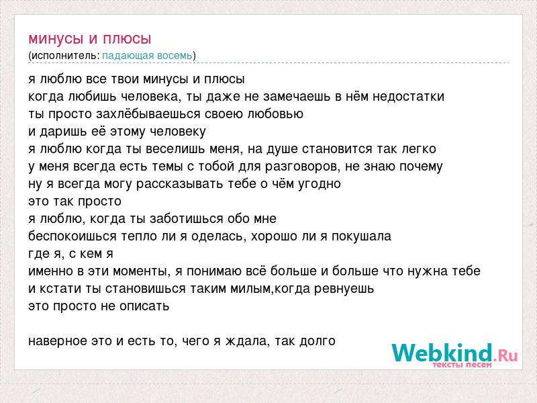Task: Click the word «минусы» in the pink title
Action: tap(56, 40)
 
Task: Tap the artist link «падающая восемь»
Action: tap(147, 56)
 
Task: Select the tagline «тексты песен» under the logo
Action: tap(462, 365)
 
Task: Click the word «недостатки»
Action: tap(408, 97)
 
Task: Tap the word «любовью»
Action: tap(275, 114)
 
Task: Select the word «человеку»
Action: tap(178, 132)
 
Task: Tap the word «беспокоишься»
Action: tap(72, 236)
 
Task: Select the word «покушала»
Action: tap(361, 236)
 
